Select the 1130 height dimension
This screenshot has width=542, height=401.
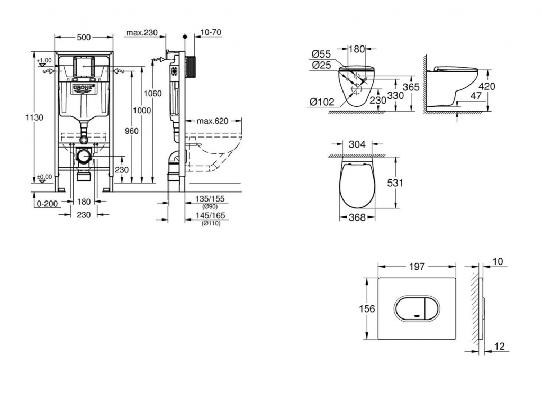(x=34, y=117)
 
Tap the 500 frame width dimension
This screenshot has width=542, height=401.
(x=84, y=37)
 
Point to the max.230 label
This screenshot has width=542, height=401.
(x=141, y=32)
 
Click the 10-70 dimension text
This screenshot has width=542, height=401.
(x=211, y=32)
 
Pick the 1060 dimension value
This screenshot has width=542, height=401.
(x=152, y=94)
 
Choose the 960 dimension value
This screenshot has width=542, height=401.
(x=131, y=131)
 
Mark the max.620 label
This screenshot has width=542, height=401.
(x=212, y=121)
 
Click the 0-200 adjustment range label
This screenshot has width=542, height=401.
(x=47, y=204)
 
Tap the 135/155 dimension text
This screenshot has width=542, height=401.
(x=210, y=198)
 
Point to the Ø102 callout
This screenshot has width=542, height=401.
(x=322, y=102)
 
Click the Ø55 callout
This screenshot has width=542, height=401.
(x=321, y=54)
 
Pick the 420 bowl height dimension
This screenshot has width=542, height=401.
(x=487, y=86)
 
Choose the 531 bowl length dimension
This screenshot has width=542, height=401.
(x=395, y=183)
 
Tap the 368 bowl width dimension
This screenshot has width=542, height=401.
(x=357, y=217)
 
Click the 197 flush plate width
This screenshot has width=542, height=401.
(x=417, y=267)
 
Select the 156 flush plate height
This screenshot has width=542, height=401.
(x=367, y=308)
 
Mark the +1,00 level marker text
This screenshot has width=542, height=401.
(x=44, y=60)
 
